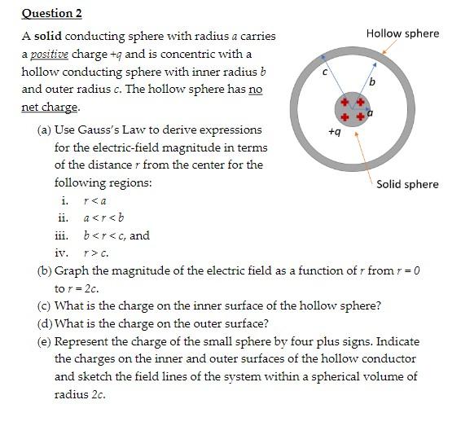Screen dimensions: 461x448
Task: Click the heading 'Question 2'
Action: coord(51,13)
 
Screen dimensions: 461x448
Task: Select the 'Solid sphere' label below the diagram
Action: coord(407,184)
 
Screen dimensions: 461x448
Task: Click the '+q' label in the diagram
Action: coord(333,130)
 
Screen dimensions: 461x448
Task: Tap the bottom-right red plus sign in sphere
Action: coord(357,118)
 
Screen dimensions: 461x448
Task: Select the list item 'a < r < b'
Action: coord(103,218)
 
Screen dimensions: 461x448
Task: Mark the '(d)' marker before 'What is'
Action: coord(45,323)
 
